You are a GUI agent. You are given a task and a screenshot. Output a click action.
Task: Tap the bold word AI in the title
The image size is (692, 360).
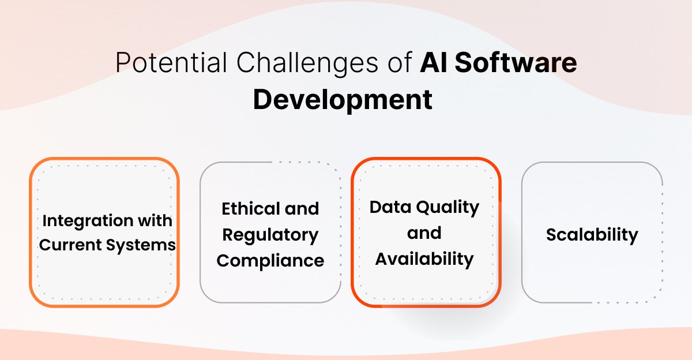[434, 63]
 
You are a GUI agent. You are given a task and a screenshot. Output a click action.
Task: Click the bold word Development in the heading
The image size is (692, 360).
[343, 99]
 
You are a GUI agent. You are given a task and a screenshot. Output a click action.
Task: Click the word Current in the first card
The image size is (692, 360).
[70, 245]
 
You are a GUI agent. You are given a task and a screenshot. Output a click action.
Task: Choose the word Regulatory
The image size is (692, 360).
[270, 235]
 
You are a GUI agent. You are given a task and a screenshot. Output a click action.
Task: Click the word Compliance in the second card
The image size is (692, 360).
[270, 261]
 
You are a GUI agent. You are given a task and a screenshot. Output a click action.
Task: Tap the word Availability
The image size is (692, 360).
[424, 259]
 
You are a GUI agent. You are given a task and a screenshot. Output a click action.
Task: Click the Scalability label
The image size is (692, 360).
[592, 235]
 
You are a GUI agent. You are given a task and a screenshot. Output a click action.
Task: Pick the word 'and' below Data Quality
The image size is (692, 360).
[424, 233]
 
